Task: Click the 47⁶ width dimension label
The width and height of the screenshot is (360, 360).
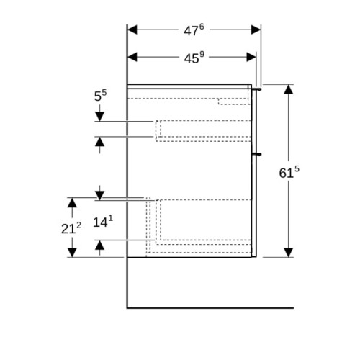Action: pyautogui.click(x=194, y=30)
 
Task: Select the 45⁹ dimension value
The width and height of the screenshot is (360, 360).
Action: pyautogui.click(x=194, y=58)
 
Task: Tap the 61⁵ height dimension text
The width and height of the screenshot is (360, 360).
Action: pyautogui.click(x=289, y=172)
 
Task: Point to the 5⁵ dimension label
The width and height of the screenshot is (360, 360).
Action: pyautogui.click(x=100, y=96)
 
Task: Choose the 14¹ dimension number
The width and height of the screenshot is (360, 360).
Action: pyautogui.click(x=103, y=222)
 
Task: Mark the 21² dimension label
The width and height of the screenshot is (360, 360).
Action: pyautogui.click(x=71, y=228)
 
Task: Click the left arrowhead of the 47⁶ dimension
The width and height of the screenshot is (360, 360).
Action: pyautogui.click(x=132, y=30)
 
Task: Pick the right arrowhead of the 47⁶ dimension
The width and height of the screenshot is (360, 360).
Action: pyautogui.click(x=256, y=30)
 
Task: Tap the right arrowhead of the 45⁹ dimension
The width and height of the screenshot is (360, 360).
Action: pyautogui.click(x=251, y=57)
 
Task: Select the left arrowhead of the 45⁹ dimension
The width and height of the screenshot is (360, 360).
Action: pyautogui.click(x=132, y=57)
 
